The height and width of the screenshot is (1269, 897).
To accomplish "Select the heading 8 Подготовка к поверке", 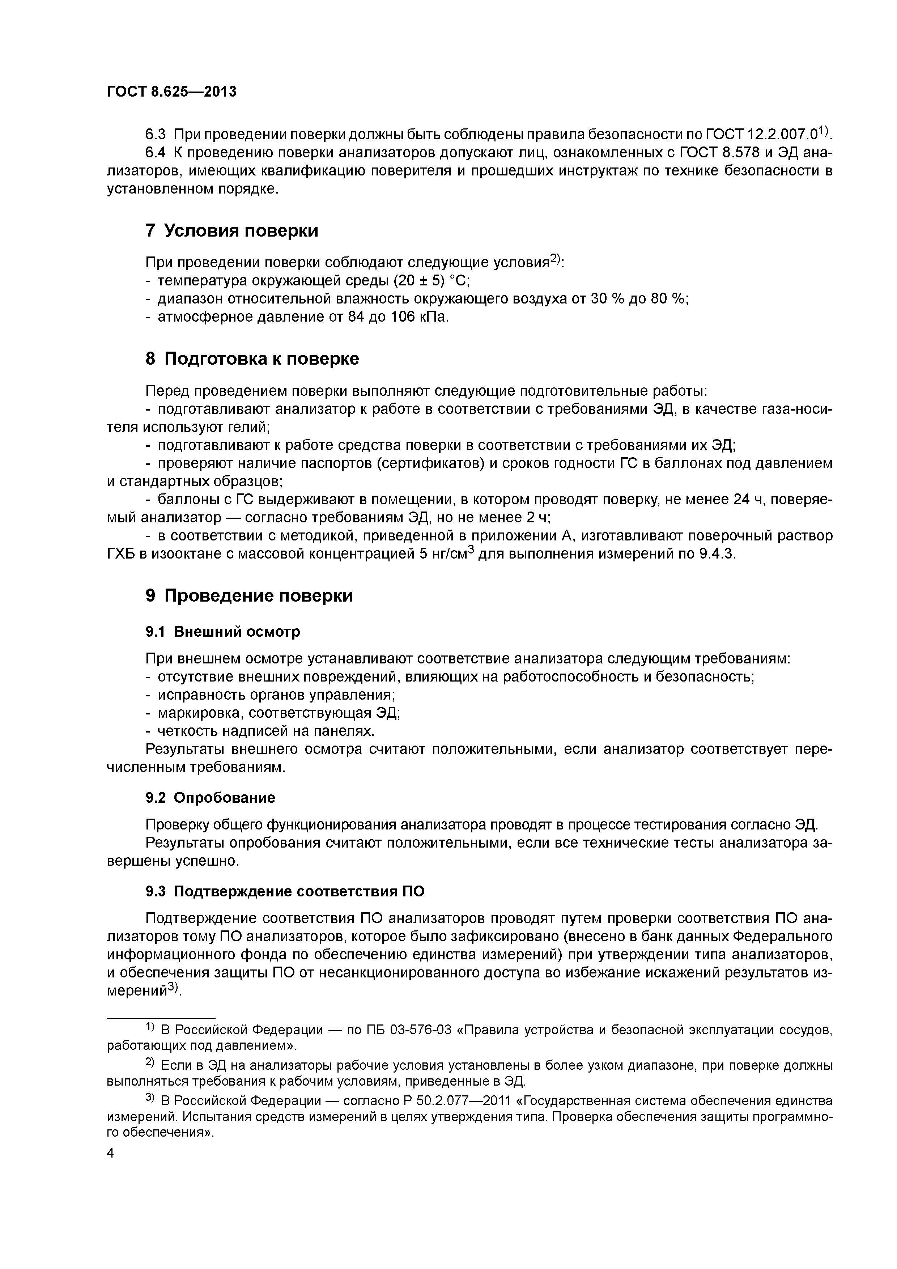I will click(252, 359).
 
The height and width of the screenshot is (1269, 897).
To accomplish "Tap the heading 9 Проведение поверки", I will click(249, 595).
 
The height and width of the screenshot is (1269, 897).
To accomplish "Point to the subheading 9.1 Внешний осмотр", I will click(223, 631).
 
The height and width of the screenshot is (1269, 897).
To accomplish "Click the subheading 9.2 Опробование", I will click(210, 798).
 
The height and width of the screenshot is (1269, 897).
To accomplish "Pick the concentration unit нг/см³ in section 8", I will click(451, 554).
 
